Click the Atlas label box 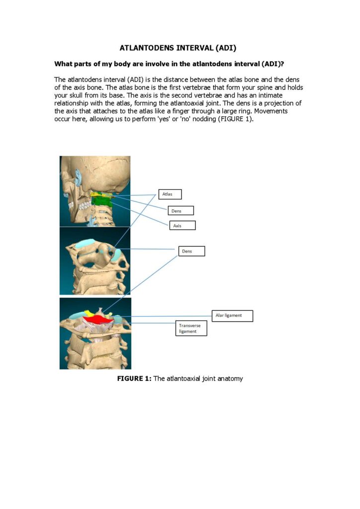170,194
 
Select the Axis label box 182,225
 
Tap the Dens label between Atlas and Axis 180,211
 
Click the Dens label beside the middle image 191,252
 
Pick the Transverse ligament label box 191,329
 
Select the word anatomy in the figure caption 229,379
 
